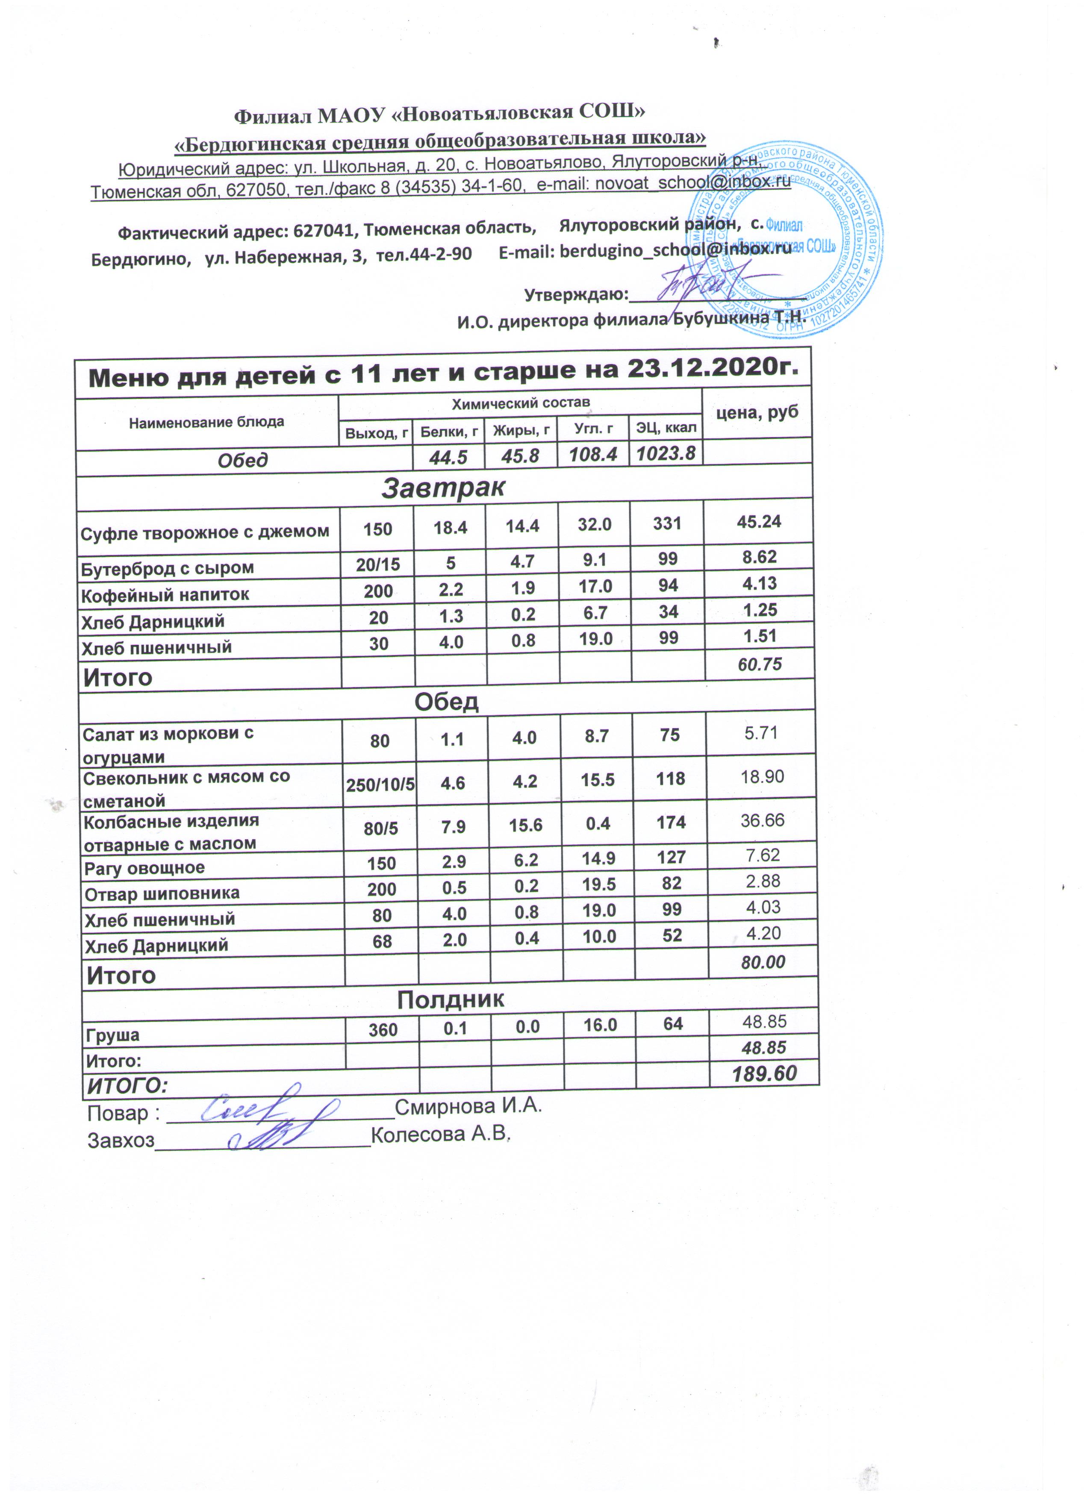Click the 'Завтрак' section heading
click(x=443, y=488)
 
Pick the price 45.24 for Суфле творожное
click(x=758, y=522)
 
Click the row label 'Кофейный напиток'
click(x=165, y=594)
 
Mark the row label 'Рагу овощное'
click(x=144, y=868)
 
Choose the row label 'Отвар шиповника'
click(x=162, y=894)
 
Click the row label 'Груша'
click(x=112, y=1034)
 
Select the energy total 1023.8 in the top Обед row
click(x=666, y=453)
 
